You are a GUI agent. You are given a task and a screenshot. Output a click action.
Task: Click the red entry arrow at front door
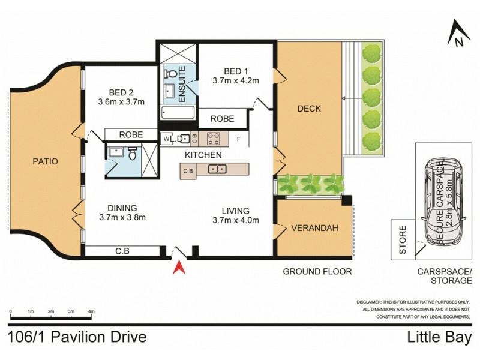(178, 267)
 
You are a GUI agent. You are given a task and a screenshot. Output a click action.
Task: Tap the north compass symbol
(458, 35)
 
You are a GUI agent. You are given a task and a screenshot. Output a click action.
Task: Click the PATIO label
(45, 161)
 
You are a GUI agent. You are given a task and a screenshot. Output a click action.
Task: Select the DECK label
(309, 109)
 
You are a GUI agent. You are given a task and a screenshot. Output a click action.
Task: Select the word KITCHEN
(203, 155)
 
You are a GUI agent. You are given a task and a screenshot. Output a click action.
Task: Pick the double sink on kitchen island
(217, 169)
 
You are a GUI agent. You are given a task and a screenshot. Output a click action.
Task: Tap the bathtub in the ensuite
(178, 112)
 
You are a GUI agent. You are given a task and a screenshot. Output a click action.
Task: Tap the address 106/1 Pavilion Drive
(78, 337)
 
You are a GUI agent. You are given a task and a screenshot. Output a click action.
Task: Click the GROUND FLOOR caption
(317, 271)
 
